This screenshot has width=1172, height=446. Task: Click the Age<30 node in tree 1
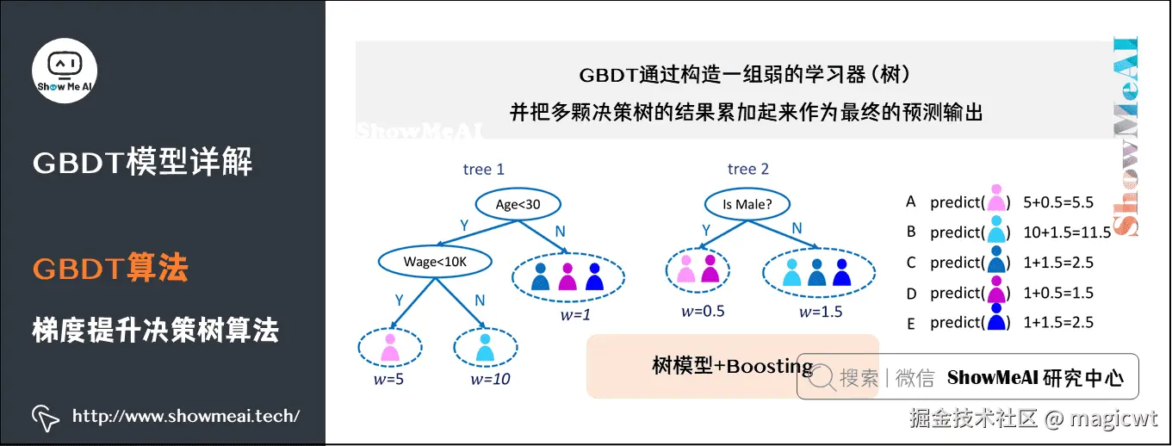pos(518,204)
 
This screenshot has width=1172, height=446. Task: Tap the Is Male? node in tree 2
pos(747,204)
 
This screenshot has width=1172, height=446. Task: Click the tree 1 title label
pos(484,169)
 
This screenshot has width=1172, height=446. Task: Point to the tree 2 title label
pos(748,169)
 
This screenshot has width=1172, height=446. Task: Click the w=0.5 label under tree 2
pos(699,311)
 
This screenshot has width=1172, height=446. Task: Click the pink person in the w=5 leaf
pos(389,347)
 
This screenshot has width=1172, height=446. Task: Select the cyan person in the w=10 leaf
pos(485,347)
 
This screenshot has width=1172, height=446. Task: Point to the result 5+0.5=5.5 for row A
pos(1058,203)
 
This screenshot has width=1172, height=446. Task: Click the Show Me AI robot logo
pos(65,70)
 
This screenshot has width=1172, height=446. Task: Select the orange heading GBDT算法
pos(110,269)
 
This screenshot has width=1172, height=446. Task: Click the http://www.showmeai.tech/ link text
pos(186,417)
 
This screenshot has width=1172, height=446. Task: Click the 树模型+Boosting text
pos(733,366)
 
